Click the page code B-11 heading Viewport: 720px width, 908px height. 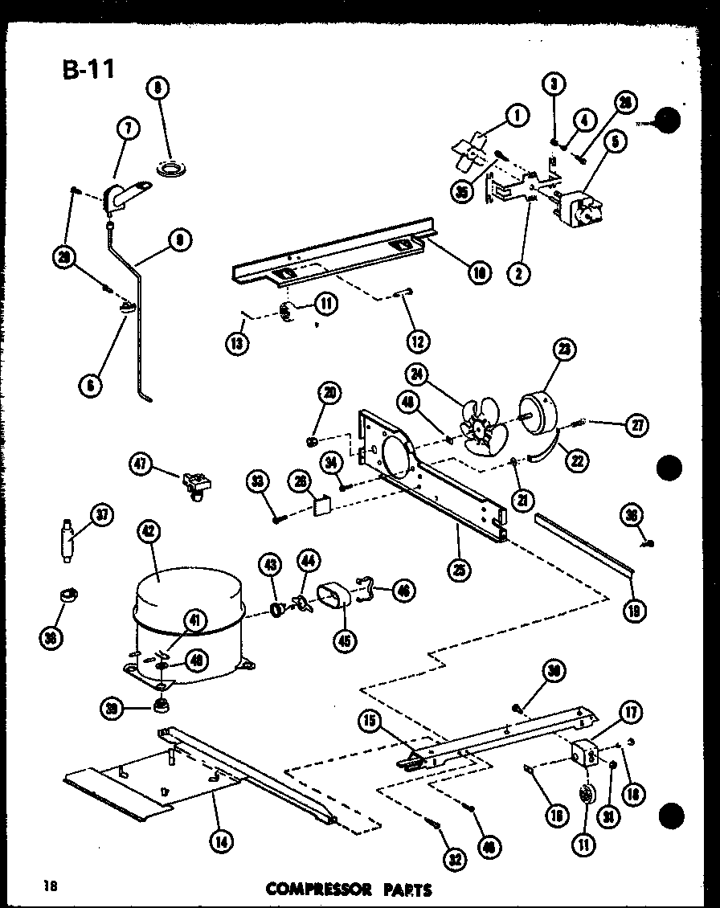pyautogui.click(x=88, y=68)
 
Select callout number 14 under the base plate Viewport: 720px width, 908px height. pyautogui.click(x=219, y=841)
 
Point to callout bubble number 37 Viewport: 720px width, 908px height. pyautogui.click(x=102, y=515)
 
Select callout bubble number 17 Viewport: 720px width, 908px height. pyautogui.click(x=628, y=712)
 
